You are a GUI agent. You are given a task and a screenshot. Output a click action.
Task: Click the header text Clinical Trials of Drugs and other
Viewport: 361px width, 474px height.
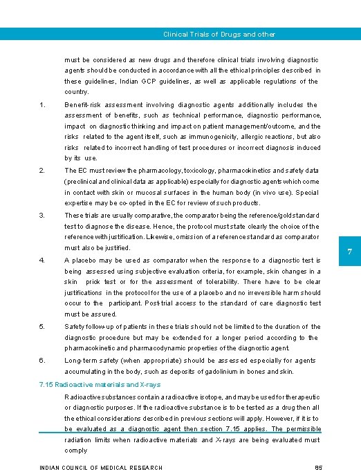[x=219, y=34]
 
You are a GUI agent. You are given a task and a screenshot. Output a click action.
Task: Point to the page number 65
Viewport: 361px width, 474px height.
[x=317, y=468]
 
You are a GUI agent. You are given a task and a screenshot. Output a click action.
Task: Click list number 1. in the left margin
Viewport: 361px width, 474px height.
[x=42, y=105]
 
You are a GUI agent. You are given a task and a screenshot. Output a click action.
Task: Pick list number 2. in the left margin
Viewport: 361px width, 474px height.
[x=42, y=170]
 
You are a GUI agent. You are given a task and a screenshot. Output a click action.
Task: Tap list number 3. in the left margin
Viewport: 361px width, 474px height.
[x=42, y=216]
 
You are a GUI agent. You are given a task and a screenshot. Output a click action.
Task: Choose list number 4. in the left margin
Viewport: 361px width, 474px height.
[x=42, y=260]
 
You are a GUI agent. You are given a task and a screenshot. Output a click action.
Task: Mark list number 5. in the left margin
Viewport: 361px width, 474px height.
[x=42, y=327]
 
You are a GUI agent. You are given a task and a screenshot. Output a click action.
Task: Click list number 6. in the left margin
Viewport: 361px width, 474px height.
[x=42, y=360]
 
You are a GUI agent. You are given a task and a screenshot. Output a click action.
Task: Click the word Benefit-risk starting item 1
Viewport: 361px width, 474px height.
[x=82, y=105]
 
